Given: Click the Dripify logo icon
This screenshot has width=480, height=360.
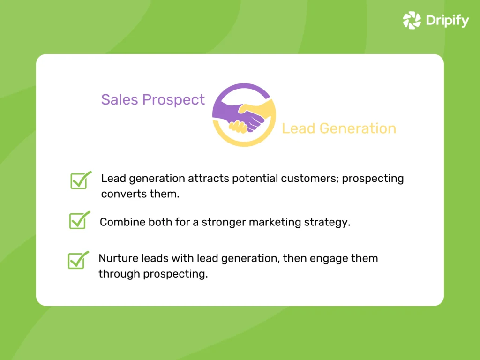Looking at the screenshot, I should coord(412,20).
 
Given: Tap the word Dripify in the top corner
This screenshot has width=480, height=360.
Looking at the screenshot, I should coord(447,21).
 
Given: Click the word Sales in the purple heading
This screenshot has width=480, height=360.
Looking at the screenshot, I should coord(119,99).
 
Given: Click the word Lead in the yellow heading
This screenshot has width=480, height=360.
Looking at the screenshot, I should coord(298,128).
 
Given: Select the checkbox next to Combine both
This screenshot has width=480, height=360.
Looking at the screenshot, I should coord(77,221).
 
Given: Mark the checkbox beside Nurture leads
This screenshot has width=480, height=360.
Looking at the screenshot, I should coord(76,261).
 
